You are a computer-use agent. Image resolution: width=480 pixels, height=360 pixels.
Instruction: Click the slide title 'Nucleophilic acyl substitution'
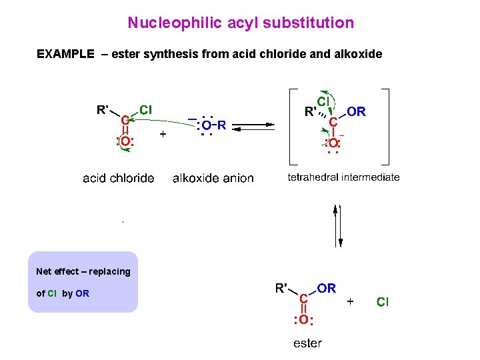point(241,23)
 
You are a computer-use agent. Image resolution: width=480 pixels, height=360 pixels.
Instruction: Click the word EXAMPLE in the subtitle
point(65,54)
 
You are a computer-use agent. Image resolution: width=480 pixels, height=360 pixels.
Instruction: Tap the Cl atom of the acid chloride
point(146,109)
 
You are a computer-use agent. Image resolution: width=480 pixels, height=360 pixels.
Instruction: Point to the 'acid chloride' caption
point(118,178)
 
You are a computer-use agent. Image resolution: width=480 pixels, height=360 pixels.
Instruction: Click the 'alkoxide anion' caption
point(213,178)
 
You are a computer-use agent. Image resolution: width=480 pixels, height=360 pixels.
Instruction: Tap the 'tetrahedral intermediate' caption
point(343,177)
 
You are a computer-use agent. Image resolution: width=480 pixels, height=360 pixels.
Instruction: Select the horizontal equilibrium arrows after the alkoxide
point(257,125)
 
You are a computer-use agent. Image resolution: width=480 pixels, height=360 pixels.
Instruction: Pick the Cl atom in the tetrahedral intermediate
point(323,101)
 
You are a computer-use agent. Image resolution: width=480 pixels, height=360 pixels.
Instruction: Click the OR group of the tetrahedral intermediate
point(356,112)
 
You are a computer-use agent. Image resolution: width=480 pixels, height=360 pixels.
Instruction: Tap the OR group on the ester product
point(327,289)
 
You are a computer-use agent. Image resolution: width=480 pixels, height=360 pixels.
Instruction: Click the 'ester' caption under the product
point(307,343)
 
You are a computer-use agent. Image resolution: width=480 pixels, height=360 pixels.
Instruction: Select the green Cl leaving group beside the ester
point(383,303)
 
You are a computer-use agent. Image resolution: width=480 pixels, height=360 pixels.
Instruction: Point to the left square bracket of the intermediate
point(290,127)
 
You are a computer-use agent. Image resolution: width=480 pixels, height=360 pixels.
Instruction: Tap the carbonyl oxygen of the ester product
point(303,320)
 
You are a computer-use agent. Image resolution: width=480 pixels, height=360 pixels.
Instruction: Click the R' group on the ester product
point(282,289)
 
